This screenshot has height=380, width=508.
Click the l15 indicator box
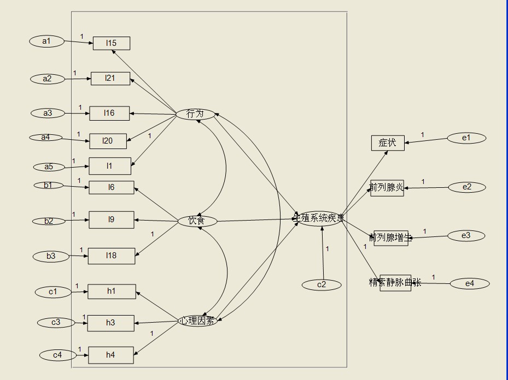[x=112, y=43]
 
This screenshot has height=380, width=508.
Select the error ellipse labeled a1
[x=47, y=41]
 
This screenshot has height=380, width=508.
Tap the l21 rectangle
[x=110, y=79]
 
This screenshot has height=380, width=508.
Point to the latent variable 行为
[x=195, y=114]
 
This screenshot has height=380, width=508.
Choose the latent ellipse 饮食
[x=197, y=221]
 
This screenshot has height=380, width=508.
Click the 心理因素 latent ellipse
[x=198, y=320]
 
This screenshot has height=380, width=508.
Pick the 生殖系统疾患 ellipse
[x=319, y=218]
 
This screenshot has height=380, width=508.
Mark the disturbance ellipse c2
[x=322, y=284]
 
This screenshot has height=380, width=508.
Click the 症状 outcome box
[x=388, y=143]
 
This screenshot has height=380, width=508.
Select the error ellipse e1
[x=466, y=138]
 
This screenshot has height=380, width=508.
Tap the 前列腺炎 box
[x=387, y=188]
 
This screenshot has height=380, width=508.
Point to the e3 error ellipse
[x=466, y=236]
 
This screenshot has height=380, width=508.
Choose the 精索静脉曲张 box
[x=395, y=283]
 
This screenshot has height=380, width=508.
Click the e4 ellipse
[x=470, y=283]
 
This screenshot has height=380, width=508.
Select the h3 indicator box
[x=111, y=323]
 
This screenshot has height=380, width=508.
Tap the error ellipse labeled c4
[x=58, y=355]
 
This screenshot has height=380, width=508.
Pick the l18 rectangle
[x=112, y=256]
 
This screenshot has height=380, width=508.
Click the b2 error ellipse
[x=49, y=221]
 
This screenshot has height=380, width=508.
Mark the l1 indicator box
[x=110, y=166]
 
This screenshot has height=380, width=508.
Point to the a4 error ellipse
[x=46, y=138]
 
